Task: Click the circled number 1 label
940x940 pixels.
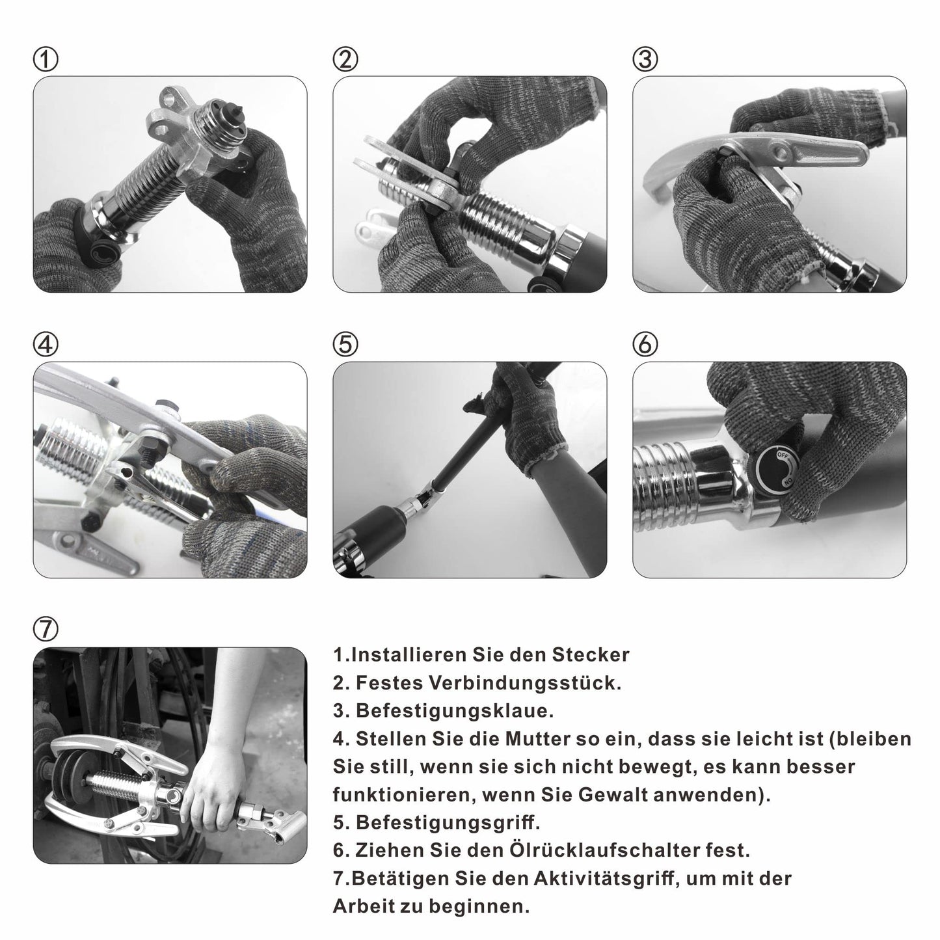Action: point(46,59)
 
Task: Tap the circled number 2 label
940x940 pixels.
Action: point(345,59)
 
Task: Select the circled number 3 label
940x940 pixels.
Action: point(645,59)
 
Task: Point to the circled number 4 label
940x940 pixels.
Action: point(46,344)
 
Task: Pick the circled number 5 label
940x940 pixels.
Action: point(345,344)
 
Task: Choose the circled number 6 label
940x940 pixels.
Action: point(645,344)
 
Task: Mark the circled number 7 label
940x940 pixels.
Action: point(46,629)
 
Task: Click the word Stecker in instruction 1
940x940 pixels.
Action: point(590,654)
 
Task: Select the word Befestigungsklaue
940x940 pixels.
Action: point(455,711)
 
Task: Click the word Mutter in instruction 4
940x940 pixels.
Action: point(537,739)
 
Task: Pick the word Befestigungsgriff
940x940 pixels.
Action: point(448,823)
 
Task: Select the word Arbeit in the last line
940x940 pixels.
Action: point(364,907)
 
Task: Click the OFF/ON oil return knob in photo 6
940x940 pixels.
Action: point(777,469)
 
